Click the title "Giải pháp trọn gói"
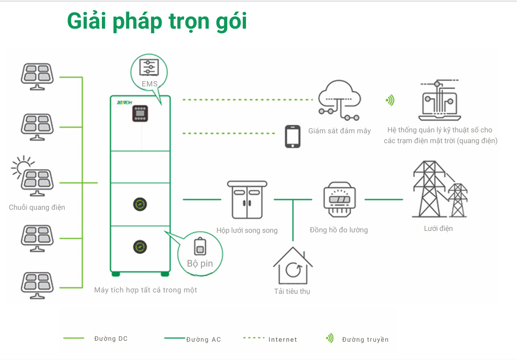click(157, 22)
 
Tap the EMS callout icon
click(149, 68)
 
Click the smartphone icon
click(293, 136)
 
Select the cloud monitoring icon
click(339, 100)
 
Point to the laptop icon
click(440, 101)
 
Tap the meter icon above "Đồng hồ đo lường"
click(339, 199)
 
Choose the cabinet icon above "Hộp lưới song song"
click(247, 199)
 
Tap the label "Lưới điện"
click(438, 229)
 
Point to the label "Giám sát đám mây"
click(340, 131)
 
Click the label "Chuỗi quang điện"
click(37, 207)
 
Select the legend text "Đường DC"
click(111, 339)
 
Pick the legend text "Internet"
click(283, 339)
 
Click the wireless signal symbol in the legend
click(330, 338)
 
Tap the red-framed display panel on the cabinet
click(140, 114)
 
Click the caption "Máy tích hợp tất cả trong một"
click(146, 290)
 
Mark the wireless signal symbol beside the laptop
click(390, 100)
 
